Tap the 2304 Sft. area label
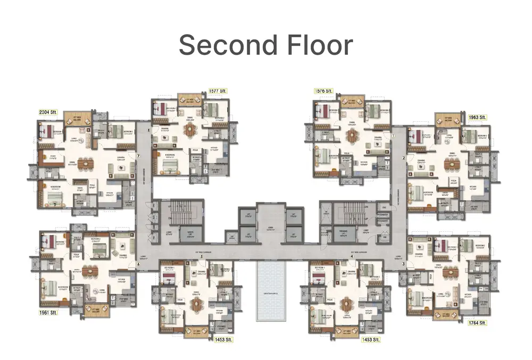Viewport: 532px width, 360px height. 49,112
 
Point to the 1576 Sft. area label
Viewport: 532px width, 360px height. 324,92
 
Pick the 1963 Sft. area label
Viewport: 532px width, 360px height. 477,117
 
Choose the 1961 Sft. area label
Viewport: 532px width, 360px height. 48,313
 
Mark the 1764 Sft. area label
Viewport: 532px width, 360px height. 477,323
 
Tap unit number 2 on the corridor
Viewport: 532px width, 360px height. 404,158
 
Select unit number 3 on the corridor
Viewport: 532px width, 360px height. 403,264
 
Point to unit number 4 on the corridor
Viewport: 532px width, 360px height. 352,257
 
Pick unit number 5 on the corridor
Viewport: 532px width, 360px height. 202,257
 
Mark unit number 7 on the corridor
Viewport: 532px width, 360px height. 138,156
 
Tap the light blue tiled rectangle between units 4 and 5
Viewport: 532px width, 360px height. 271,291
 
